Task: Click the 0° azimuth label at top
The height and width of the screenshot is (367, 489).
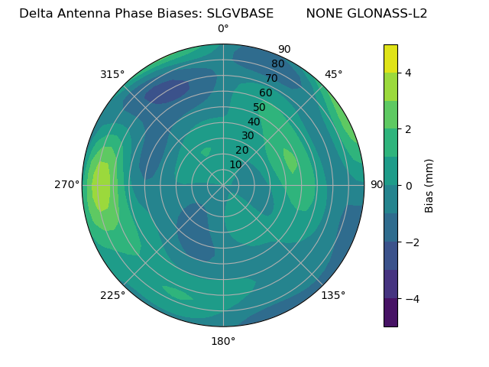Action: tap(223, 29)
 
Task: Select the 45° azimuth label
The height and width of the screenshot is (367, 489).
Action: tap(333, 74)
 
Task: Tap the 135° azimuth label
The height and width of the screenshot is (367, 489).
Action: tap(333, 295)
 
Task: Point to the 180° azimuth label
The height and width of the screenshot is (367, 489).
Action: tap(223, 341)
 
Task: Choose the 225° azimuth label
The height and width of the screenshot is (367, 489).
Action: tap(112, 295)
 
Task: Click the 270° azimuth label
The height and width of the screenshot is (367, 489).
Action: tap(66, 184)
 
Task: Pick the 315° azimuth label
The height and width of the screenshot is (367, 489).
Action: tap(112, 74)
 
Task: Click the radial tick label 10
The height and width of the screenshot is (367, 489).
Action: tap(235, 164)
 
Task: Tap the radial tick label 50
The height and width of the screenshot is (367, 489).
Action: tap(259, 108)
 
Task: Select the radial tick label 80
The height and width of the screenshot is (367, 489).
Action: tap(277, 64)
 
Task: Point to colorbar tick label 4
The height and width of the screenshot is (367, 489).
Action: tap(409, 73)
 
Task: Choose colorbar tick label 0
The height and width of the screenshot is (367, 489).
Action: tap(409, 185)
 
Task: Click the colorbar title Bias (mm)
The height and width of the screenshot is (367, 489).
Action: tap(429, 185)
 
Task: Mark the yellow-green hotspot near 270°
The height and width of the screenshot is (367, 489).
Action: tap(101, 186)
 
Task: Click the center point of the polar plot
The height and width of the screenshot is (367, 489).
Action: tap(223, 185)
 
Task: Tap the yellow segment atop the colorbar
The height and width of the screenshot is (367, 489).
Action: tap(390, 58)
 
